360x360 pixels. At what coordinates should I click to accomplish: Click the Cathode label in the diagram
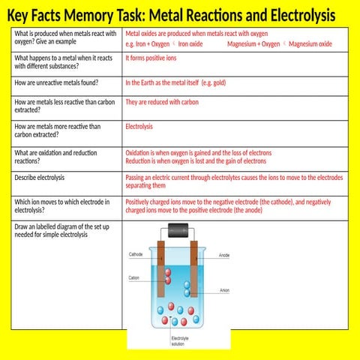[136, 254]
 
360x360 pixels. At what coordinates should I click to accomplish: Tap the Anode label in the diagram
[224, 256]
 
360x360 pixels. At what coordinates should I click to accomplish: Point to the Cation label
[134, 277]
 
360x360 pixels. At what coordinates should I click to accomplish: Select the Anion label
[224, 290]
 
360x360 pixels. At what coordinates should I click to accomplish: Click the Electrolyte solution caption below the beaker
[180, 341]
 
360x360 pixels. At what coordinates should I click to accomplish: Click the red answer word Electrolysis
[139, 127]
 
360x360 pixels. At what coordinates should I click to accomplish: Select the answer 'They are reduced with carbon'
[162, 102]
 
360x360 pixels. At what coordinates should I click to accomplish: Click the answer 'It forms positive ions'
[151, 58]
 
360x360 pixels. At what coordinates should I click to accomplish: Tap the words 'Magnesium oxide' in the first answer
[310, 44]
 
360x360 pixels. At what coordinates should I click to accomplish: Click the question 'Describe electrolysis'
[40, 178]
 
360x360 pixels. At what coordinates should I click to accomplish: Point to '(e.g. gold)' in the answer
[209, 82]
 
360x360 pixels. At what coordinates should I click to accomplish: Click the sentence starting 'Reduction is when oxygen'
[196, 160]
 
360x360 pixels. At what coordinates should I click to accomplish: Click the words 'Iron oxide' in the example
[190, 44]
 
